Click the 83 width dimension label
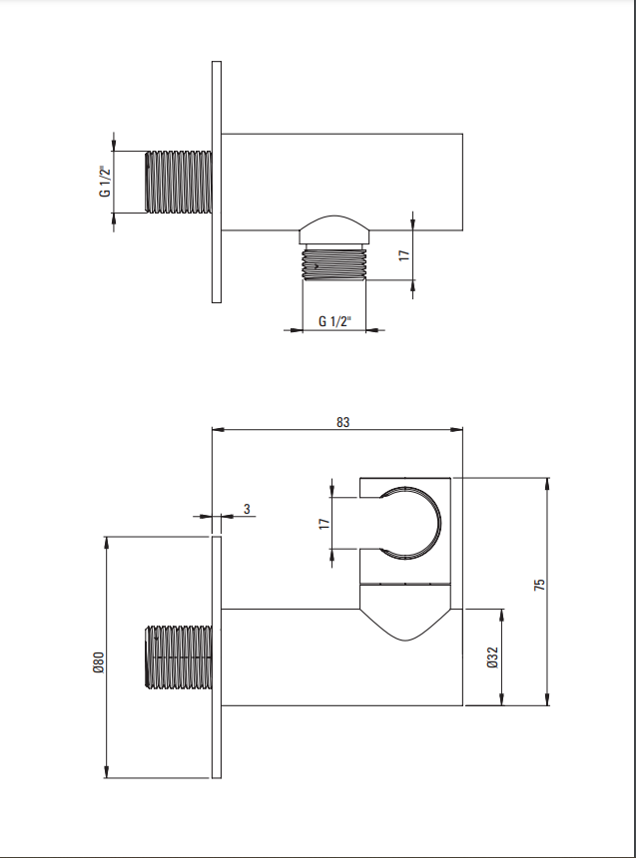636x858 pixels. [x=342, y=422]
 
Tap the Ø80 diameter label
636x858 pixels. [x=99, y=661]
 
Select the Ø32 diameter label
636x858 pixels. [x=492, y=656]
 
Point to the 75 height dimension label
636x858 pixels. [x=539, y=584]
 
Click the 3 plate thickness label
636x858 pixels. [x=247, y=509]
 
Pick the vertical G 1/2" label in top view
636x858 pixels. [x=105, y=182]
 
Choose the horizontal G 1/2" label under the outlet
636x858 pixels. [x=334, y=321]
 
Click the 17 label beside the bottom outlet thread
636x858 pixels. [x=404, y=255]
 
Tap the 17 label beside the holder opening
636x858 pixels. [x=324, y=524]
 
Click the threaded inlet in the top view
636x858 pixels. [x=178, y=182]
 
